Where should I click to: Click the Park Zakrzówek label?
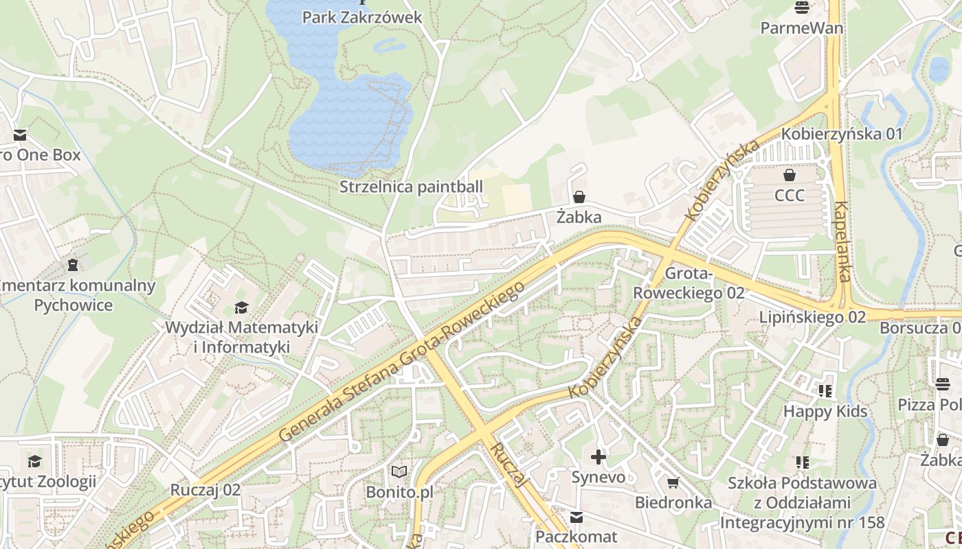362,17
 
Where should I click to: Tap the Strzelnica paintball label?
411,187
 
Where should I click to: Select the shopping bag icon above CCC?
789,176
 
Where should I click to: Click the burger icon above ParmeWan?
801,8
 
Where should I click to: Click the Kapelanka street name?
842,242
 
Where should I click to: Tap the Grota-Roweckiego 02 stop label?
689,283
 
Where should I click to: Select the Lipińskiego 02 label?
812,317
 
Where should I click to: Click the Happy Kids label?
825,412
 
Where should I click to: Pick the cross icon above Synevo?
599,456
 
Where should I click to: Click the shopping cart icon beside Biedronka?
673,483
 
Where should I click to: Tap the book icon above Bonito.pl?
399,471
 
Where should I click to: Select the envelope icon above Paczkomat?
577,517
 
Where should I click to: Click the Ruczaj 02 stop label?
205,490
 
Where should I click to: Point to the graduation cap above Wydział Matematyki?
241,307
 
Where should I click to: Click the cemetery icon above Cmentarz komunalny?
73,264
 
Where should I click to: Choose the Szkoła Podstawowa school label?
802,502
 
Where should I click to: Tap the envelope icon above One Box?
19,135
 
